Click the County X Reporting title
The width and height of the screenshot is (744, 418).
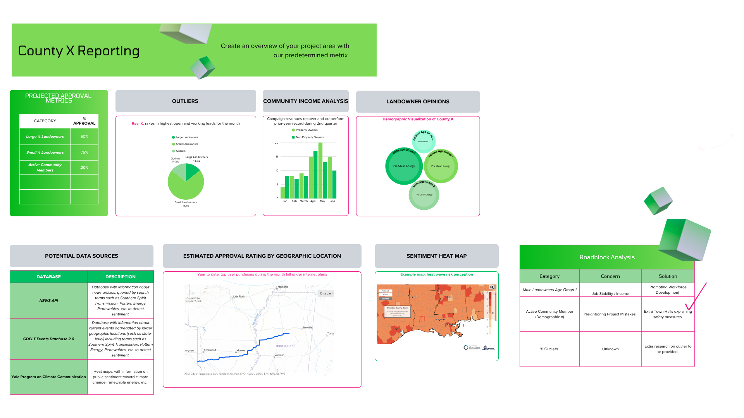pyautogui.click(x=79, y=51)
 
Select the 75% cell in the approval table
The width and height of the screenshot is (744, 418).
pyautogui.click(x=84, y=152)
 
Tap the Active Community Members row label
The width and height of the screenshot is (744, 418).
pyautogui.click(x=45, y=168)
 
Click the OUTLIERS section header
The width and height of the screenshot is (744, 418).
pyautogui.click(x=185, y=101)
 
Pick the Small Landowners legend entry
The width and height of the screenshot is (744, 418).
pyautogui.click(x=187, y=144)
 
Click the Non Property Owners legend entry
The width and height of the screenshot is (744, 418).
pyautogui.click(x=309, y=137)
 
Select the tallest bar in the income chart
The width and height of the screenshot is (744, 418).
pyautogui.click(x=320, y=170)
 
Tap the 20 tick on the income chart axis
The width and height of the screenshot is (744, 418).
pyautogui.click(x=277, y=143)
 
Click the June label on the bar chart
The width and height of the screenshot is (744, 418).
pyautogui.click(x=332, y=201)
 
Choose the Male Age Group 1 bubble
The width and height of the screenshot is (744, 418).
pyautogui.click(x=404, y=166)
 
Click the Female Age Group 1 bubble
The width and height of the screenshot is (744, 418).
pyautogui.click(x=441, y=166)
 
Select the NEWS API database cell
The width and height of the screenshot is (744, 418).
pyautogui.click(x=49, y=301)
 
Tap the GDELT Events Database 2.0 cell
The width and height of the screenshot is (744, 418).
pyautogui.click(x=49, y=339)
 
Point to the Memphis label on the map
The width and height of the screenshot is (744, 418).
pyautogui.click(x=283, y=287)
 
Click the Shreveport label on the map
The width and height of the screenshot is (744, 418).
pyautogui.click(x=210, y=350)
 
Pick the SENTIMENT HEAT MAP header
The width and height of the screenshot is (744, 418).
pyautogui.click(x=436, y=256)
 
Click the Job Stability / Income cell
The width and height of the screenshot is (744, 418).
pyautogui.click(x=610, y=293)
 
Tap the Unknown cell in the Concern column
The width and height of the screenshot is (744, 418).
pyautogui.click(x=610, y=349)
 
